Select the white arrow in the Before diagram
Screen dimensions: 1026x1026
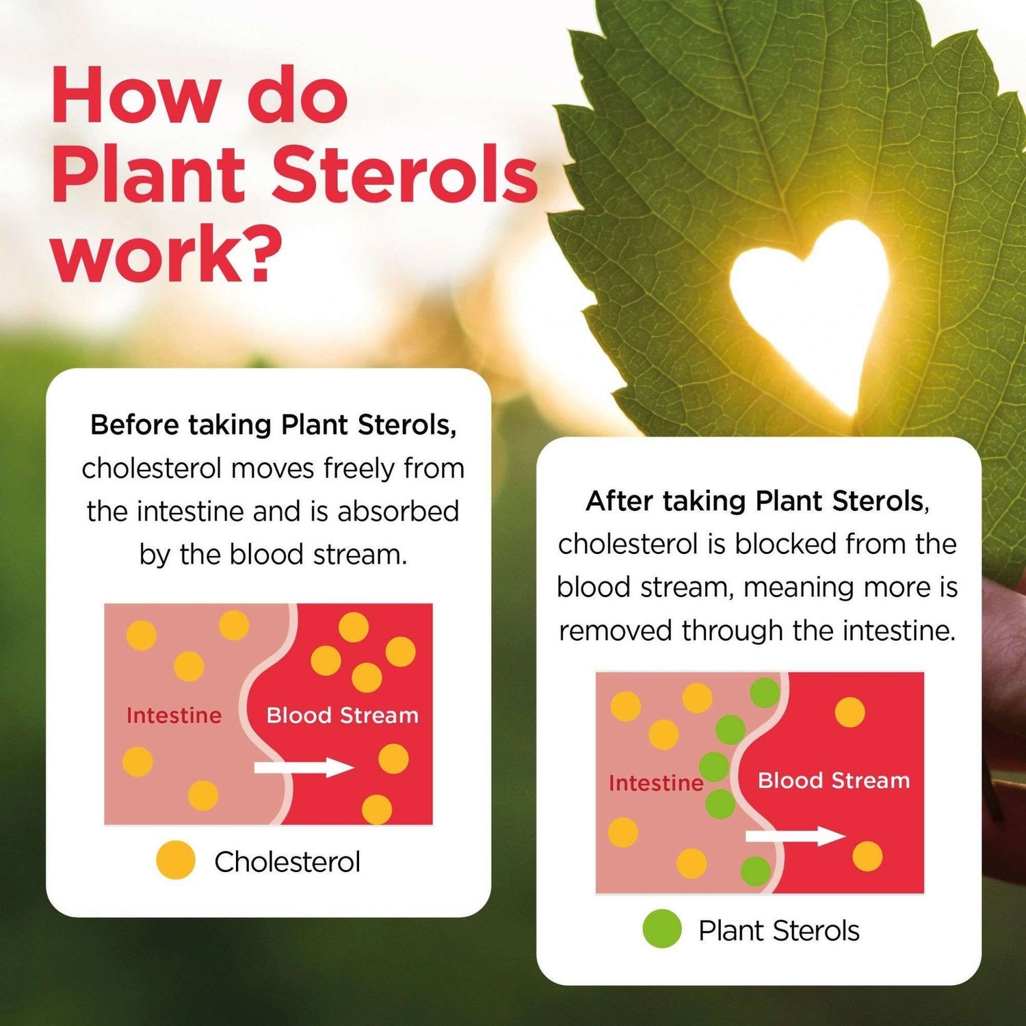(304, 767)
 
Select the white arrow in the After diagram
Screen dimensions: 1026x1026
(795, 836)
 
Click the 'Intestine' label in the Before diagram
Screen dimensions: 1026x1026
(174, 715)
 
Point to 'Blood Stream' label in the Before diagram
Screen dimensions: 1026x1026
(342, 715)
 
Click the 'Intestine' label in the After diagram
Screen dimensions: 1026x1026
(656, 782)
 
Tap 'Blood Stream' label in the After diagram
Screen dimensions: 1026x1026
(834, 780)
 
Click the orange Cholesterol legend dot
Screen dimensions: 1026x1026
(176, 860)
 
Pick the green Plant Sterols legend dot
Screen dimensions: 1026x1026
(662, 929)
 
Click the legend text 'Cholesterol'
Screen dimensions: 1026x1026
(287, 862)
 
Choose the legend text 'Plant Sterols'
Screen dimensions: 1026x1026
(779, 931)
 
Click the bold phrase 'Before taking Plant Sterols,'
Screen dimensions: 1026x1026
(274, 425)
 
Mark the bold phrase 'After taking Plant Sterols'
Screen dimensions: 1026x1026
(755, 501)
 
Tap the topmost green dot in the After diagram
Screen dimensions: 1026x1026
(765, 693)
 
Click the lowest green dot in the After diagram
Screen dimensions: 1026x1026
(756, 871)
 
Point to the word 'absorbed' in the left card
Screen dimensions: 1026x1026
(398, 512)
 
